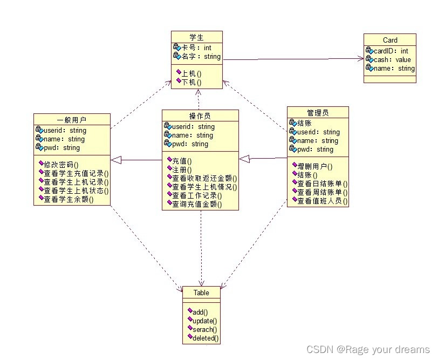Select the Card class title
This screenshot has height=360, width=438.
(390, 40)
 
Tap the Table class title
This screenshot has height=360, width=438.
(201, 293)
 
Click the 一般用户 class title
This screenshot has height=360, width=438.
(72, 120)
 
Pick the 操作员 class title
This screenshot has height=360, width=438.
(200, 116)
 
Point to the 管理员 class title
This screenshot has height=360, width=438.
(317, 113)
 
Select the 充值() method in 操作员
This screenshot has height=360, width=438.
(182, 161)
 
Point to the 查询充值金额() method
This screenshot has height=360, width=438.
(197, 204)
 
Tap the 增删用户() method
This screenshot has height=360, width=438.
(315, 166)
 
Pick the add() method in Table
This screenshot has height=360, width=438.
(200, 311)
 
